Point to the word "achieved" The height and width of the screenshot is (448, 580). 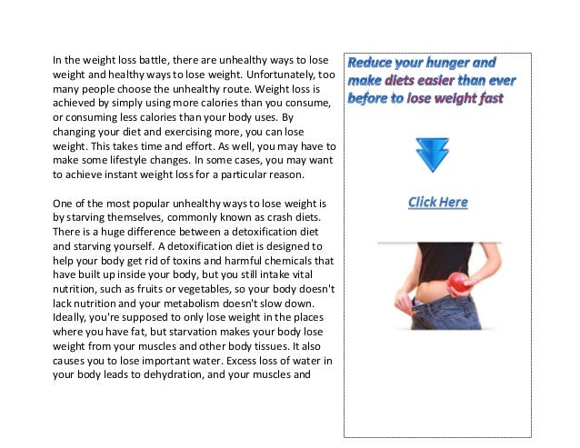75,107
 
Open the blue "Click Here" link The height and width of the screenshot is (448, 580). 437,202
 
